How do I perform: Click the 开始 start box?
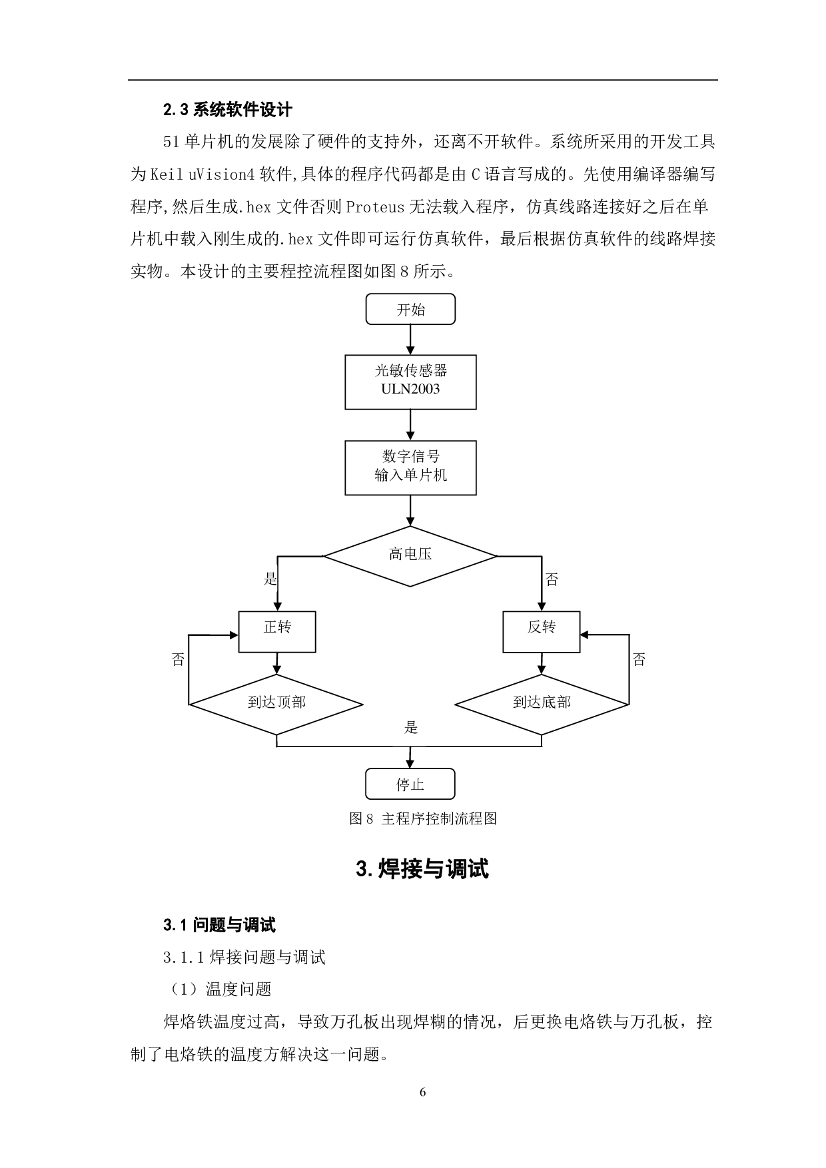pyautogui.click(x=410, y=310)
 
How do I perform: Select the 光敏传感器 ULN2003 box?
pyautogui.click(x=410, y=382)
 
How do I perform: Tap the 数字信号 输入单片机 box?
pyautogui.click(x=410, y=467)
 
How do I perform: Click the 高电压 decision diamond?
pyautogui.click(x=410, y=555)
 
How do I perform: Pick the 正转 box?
pyautogui.click(x=277, y=631)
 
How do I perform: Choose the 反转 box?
pyautogui.click(x=541, y=631)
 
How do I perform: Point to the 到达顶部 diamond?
pyautogui.click(x=276, y=703)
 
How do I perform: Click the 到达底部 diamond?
pyautogui.click(x=541, y=703)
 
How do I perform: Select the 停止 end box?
pyautogui.click(x=410, y=784)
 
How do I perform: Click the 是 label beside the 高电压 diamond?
pyautogui.click(x=270, y=578)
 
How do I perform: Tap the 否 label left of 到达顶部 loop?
pyautogui.click(x=178, y=659)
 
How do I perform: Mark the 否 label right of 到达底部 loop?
pyautogui.click(x=639, y=659)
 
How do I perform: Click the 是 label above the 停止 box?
pyautogui.click(x=411, y=727)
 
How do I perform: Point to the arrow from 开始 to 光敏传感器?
pyautogui.click(x=410, y=340)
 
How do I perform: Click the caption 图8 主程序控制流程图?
pyautogui.click(x=423, y=819)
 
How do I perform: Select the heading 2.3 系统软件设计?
pyautogui.click(x=228, y=109)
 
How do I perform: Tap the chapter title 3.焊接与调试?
pyautogui.click(x=423, y=869)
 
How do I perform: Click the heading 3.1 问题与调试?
pyautogui.click(x=219, y=925)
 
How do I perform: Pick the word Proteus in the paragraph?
pyautogui.click(x=375, y=207)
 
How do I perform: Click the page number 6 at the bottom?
pyautogui.click(x=423, y=1092)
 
